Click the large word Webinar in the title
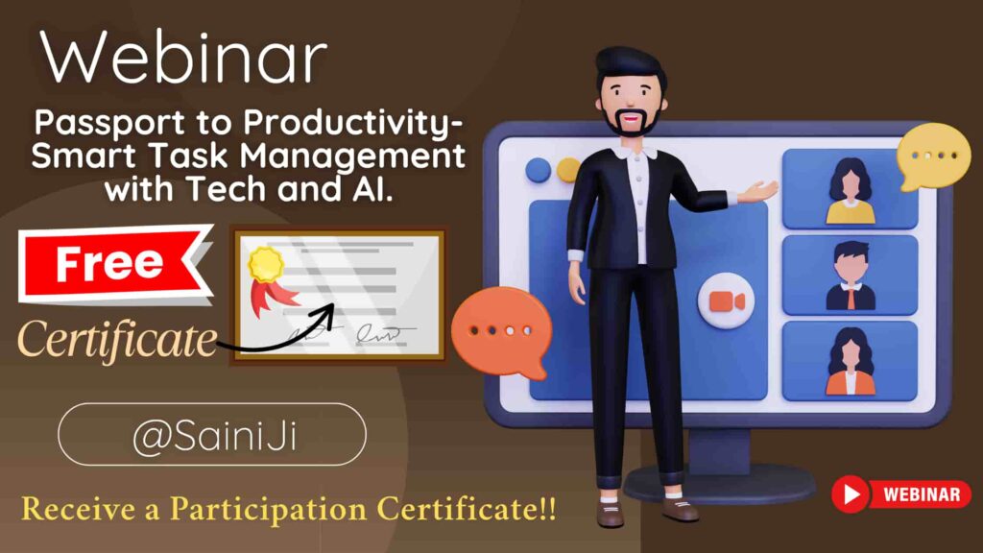point(183,58)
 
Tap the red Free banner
point(113,263)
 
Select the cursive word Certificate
point(117,339)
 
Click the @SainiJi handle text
point(214,435)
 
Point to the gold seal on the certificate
point(265,264)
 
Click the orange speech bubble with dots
point(501,331)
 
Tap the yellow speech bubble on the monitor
point(933,156)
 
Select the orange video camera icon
point(726,301)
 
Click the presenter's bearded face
point(630,106)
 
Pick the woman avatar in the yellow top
point(851,191)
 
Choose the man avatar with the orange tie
point(851,276)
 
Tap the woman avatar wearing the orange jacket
point(851,361)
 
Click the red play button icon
point(851,494)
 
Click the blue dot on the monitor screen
point(538,171)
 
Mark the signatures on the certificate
point(351,332)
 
